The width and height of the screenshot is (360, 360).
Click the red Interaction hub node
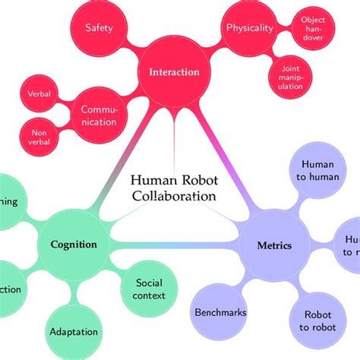pyautogui.click(x=174, y=73)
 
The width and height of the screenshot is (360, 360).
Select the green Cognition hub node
pyautogui.click(x=74, y=245)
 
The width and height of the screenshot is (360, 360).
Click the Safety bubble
pyautogui.click(x=99, y=28)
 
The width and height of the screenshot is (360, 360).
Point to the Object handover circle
pyautogui.click(x=313, y=28)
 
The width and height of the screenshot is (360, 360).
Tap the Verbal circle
pyautogui.click(x=40, y=93)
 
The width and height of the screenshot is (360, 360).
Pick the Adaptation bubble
pyautogui.click(x=74, y=332)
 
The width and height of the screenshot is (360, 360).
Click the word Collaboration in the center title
pyautogui.click(x=174, y=196)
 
